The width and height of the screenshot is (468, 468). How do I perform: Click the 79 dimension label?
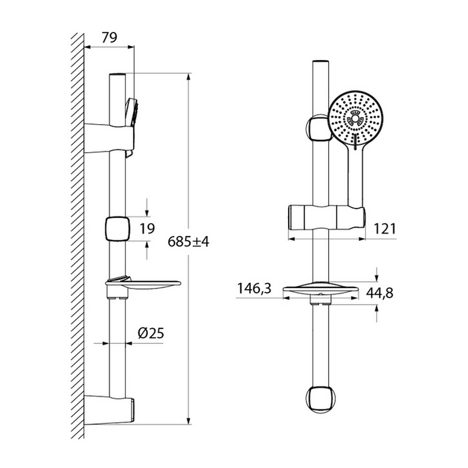point(109,37)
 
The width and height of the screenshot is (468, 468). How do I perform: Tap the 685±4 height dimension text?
point(188,241)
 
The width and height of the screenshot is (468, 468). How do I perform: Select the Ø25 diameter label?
point(151,333)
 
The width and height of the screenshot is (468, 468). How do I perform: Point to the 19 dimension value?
point(147,229)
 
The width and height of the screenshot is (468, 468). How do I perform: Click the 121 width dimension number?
point(385,229)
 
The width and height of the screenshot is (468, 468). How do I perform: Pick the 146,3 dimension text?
point(254,288)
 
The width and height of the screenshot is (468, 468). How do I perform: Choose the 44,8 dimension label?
point(380,293)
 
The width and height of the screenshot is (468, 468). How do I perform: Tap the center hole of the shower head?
point(355,119)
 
